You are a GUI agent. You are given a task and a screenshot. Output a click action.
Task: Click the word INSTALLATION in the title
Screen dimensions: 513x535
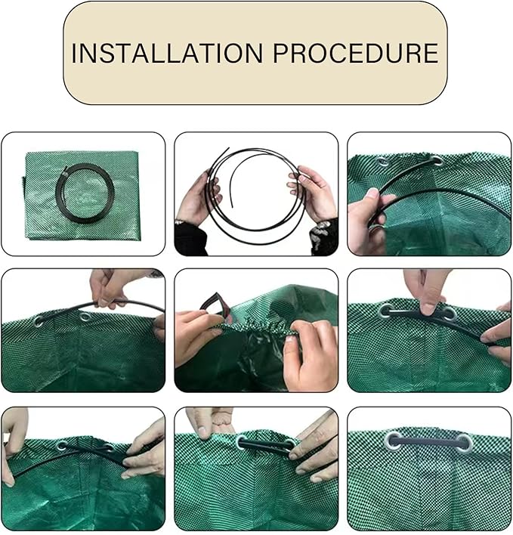tap(167, 53)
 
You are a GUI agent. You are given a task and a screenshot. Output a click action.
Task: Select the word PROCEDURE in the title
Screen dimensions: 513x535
tap(355, 53)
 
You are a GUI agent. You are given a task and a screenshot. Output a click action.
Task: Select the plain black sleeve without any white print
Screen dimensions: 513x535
tap(191, 239)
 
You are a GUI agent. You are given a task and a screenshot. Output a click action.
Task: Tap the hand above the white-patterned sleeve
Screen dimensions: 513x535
tap(313, 193)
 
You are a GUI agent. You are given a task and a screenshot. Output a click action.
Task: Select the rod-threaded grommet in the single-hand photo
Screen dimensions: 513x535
tap(437, 160)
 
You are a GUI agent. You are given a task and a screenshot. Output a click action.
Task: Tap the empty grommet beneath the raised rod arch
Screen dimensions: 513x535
tap(84, 317)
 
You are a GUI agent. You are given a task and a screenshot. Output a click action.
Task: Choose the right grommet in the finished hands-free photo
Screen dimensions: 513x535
tap(464, 443)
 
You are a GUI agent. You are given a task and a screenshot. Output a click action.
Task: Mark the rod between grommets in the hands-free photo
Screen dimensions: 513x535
tap(428, 442)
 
